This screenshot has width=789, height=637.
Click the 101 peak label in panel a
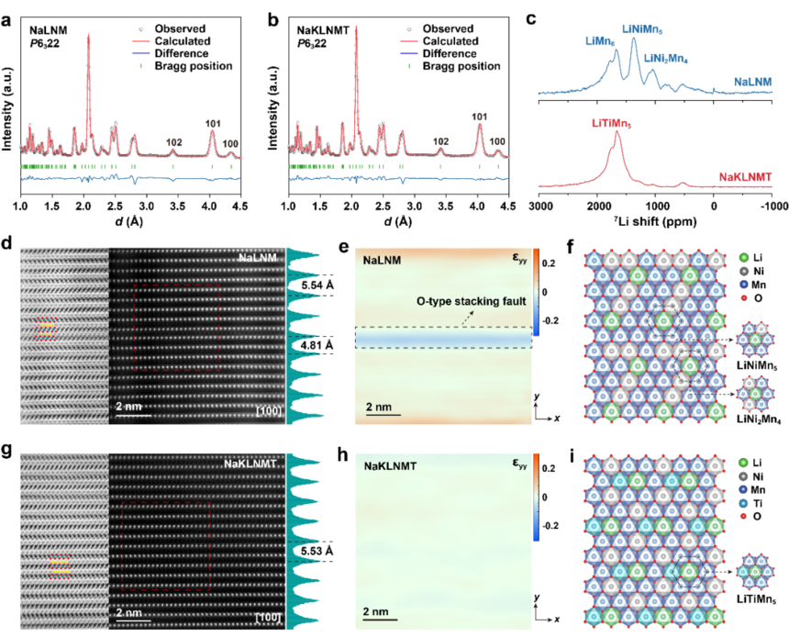click(x=213, y=123)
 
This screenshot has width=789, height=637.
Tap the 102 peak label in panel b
click(x=440, y=141)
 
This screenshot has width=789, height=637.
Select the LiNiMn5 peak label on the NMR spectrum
click(x=642, y=29)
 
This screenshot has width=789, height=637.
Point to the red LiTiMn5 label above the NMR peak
click(x=611, y=123)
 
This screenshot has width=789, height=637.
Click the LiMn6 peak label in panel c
click(x=600, y=41)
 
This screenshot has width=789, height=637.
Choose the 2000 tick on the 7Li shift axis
click(x=597, y=206)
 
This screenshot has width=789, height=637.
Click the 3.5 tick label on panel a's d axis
click(x=178, y=206)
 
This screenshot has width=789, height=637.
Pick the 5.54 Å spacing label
click(x=317, y=285)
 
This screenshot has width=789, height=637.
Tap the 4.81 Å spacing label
click(x=317, y=345)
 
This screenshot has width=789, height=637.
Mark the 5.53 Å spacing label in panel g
click(x=317, y=552)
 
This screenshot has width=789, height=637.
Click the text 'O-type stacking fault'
click(x=471, y=301)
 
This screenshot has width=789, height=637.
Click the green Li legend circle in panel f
click(x=744, y=258)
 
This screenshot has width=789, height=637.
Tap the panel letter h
click(x=343, y=455)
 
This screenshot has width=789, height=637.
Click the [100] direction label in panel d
click(x=268, y=411)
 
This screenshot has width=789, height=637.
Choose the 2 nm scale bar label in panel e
click(x=379, y=407)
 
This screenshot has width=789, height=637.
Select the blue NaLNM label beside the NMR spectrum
click(x=753, y=82)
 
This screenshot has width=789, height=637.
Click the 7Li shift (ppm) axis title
click(x=655, y=221)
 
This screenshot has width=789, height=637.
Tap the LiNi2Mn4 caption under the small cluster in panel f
click(x=759, y=419)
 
